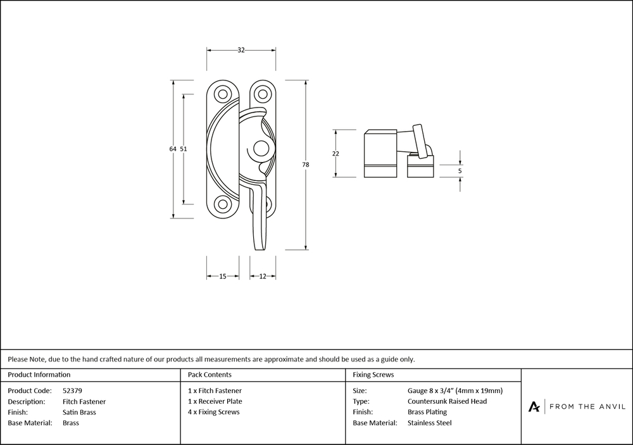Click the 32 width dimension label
click(241, 51)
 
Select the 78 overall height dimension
click(306, 165)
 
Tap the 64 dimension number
click(172, 149)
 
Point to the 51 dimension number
click(184, 149)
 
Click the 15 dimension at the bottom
click(223, 276)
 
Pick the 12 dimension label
click(263, 276)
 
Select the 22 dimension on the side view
click(335, 154)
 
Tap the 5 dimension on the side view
click(460, 170)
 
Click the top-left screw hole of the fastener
click(223, 94)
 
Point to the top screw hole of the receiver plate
click(261, 94)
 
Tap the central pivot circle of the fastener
click(258, 149)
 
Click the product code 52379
click(73, 391)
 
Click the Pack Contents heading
click(210, 375)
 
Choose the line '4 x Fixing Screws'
click(214, 412)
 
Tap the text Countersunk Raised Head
click(447, 401)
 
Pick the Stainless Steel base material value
click(430, 423)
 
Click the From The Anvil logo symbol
click(535, 406)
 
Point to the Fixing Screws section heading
click(373, 375)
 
